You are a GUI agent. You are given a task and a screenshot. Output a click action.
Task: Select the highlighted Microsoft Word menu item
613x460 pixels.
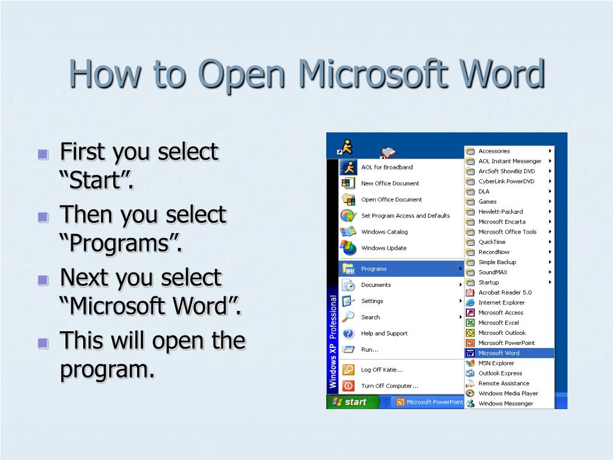pos(499,353)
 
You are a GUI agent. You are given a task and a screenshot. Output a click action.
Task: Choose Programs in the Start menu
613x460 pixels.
pos(374,269)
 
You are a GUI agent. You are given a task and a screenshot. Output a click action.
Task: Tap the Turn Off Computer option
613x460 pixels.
pos(389,386)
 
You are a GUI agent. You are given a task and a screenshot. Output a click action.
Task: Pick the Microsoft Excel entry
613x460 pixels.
pos(498,323)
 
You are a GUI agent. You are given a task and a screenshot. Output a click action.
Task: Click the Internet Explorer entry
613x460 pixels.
pos(501,302)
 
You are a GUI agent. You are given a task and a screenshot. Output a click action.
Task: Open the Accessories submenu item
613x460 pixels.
pos(494,151)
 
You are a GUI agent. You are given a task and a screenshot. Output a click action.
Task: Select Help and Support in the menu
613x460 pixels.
pos(384,334)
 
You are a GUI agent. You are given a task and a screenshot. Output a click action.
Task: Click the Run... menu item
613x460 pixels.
pos(369,350)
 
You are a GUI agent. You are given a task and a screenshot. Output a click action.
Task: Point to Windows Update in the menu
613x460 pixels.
pos(383,248)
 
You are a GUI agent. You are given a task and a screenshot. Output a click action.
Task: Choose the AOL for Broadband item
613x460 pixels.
pos(386,167)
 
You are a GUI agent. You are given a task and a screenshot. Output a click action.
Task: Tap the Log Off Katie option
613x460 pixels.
pos(381,370)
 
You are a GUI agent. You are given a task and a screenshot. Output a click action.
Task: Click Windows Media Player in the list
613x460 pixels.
pos(508,394)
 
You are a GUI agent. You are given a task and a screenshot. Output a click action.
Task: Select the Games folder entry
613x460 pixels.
pos(487,201)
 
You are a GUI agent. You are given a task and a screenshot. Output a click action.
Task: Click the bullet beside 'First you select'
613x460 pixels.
pos(43,155)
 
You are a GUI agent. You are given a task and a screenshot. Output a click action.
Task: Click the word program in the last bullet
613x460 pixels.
pos(103,369)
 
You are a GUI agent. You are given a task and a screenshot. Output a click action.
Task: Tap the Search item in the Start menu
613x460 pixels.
pos(370,317)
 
